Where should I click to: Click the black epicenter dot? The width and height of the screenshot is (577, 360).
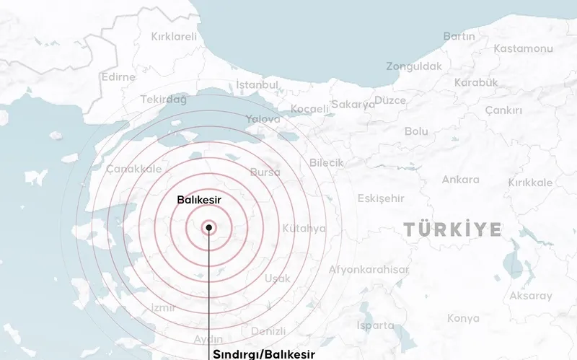pos(208,228)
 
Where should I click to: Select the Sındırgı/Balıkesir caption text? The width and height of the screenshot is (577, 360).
pos(264,354)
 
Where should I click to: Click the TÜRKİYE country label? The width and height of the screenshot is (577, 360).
pos(452,229)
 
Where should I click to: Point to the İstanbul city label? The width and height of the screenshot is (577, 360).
pos(257,85)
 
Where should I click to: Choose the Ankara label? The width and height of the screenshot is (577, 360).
pos(460,180)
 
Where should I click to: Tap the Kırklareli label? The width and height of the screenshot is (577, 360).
pos(174,36)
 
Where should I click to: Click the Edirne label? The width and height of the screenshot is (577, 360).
pos(118,77)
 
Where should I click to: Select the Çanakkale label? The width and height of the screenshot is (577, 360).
pos(134,168)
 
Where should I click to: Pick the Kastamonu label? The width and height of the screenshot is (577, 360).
pos(522,48)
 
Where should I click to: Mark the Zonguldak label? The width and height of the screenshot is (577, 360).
pos(413,66)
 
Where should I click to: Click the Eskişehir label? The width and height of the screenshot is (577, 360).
pos(381,198)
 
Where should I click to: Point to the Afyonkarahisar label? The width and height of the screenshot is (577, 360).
pos(368,269)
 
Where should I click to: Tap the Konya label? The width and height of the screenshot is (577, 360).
pos(463,318)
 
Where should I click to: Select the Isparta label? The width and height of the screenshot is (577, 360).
pos(375,325)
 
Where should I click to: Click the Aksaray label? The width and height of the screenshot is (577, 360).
pos(531,296)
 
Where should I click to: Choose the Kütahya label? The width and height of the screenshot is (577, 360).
pos(304,228)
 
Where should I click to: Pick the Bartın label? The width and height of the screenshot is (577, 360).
pos(459,36)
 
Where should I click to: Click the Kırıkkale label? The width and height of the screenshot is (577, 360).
pos(530,183)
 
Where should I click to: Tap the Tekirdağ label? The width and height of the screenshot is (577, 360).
pos(164,100)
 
